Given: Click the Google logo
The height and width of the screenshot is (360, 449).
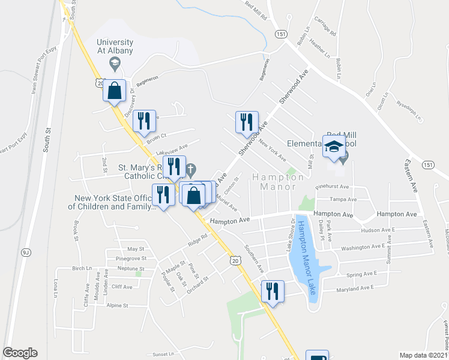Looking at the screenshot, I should click(x=20, y=353).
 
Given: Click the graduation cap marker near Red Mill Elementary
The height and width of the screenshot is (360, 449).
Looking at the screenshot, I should click(x=334, y=147).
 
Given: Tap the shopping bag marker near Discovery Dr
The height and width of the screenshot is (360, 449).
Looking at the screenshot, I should click(x=114, y=92).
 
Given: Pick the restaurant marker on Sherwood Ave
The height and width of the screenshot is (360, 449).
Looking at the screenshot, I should click(x=247, y=123).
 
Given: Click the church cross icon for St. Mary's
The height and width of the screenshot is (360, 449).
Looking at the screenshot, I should click(x=191, y=170).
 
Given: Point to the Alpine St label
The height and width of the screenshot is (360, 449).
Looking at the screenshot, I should click(x=117, y=305).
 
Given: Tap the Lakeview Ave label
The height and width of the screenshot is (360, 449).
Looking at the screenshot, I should click(x=172, y=149).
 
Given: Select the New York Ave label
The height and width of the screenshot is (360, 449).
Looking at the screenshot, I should click(x=272, y=150).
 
